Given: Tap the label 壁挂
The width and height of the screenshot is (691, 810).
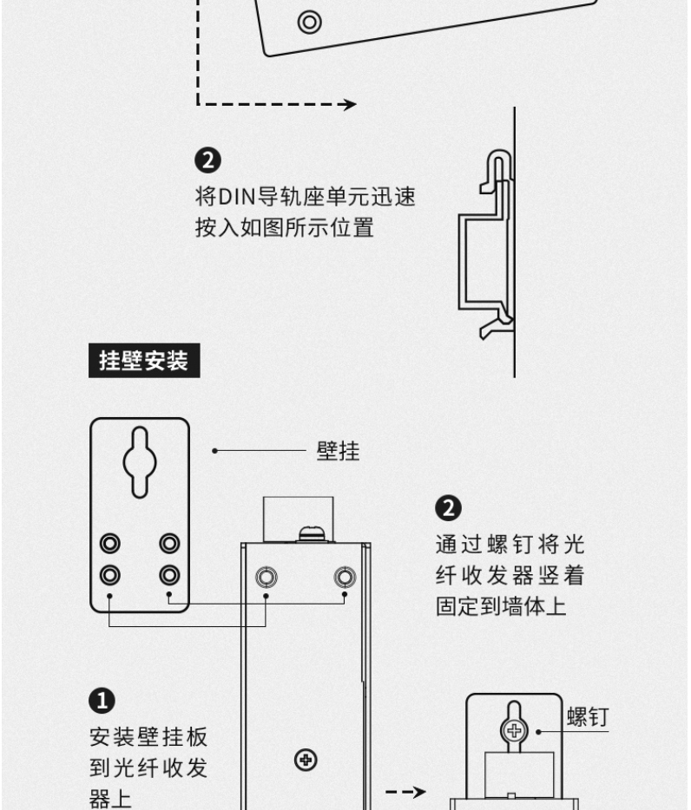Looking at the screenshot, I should pyautogui.click(x=338, y=451).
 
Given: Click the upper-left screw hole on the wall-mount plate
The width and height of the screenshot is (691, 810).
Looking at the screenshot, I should pyautogui.click(x=110, y=544).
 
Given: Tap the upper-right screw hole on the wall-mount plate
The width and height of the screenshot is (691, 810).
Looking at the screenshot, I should pyautogui.click(x=169, y=544).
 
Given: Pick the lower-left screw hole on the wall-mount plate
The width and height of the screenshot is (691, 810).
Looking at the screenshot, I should pyautogui.click(x=110, y=574).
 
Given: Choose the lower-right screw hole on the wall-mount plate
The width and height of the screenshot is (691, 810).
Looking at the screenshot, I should pyautogui.click(x=169, y=574).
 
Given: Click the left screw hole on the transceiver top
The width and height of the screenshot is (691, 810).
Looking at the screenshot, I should pyautogui.click(x=267, y=576).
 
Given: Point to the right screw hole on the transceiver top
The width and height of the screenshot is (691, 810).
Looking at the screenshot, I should pyautogui.click(x=345, y=576).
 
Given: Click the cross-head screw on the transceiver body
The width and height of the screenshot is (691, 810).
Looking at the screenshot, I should pyautogui.click(x=305, y=761).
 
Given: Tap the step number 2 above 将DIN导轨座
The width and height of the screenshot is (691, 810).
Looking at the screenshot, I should pyautogui.click(x=208, y=160).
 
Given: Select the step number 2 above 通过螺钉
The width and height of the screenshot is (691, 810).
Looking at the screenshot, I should pyautogui.click(x=450, y=507).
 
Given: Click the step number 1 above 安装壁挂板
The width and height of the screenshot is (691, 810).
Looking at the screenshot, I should pyautogui.click(x=102, y=700).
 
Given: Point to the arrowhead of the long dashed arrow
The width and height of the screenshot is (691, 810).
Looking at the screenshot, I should pyautogui.click(x=348, y=105).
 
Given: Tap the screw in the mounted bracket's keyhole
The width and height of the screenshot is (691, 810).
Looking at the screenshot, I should pyautogui.click(x=514, y=730).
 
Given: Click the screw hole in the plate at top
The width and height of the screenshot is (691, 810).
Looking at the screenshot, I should pyautogui.click(x=307, y=21).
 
